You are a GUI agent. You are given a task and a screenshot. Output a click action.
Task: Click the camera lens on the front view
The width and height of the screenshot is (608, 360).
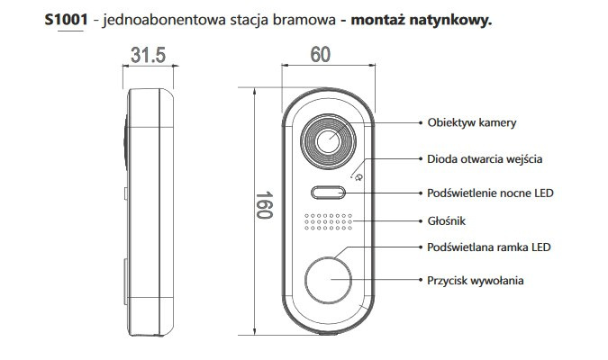point(329,140)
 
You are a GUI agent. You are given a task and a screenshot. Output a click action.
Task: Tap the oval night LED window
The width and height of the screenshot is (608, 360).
point(329,192)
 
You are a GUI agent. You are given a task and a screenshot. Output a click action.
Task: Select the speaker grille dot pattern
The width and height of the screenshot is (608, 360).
point(328,221)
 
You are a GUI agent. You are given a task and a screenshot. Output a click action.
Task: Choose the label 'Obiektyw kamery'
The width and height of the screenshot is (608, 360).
point(471,122)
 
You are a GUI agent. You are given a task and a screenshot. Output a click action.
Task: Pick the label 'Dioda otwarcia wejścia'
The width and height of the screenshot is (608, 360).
point(485,158)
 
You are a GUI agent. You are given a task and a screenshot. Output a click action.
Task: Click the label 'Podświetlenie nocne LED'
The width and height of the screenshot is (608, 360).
point(491,193)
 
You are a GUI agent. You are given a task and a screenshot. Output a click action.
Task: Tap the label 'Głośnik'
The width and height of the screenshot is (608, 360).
point(448,220)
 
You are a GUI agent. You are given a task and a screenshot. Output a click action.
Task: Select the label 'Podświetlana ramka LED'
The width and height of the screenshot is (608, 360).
point(489,247)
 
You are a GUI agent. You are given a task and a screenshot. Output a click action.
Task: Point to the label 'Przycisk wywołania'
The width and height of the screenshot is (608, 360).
point(476,281)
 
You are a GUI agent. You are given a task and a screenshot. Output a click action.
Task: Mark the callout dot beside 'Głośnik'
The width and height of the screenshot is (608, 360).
point(419,220)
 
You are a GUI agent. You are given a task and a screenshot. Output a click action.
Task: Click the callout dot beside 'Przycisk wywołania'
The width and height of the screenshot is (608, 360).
point(419,281)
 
